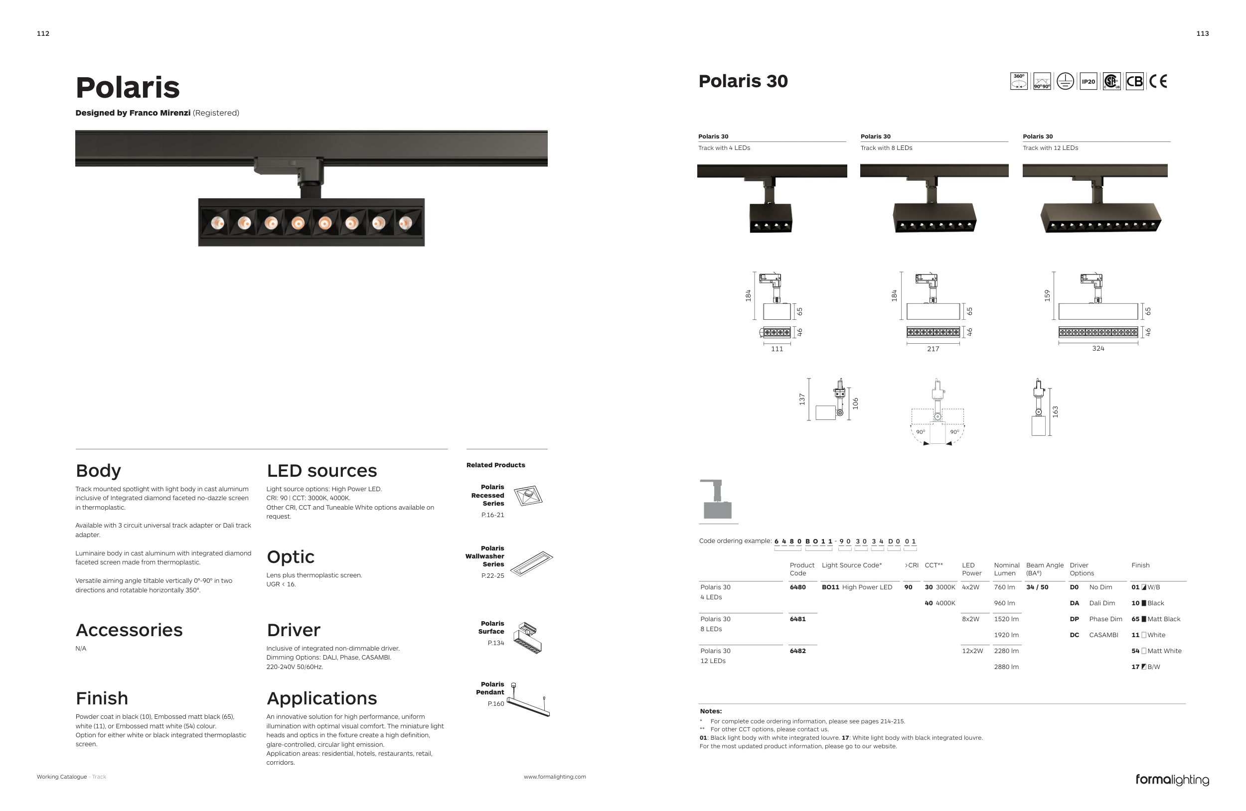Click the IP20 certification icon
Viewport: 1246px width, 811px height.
[x=1088, y=82]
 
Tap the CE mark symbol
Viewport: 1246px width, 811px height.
[x=1158, y=82]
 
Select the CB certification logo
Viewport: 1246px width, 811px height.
[x=1134, y=82]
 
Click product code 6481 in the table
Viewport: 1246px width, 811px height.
[x=797, y=619]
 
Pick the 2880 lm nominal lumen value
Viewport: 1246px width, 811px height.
[x=1006, y=667]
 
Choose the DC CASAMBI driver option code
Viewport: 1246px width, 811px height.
[x=1074, y=635]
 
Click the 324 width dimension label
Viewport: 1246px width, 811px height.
[x=1098, y=349]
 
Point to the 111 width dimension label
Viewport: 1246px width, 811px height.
[x=777, y=349]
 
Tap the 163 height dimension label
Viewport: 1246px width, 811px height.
[x=1055, y=412]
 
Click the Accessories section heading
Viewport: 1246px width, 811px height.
[x=129, y=630]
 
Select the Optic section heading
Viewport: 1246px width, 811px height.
[x=291, y=557]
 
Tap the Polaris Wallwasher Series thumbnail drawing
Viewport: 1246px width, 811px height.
[x=531, y=563]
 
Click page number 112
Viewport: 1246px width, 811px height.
[x=43, y=33]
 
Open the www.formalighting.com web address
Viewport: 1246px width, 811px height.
[x=555, y=777]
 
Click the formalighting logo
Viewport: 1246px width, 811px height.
[x=1172, y=780]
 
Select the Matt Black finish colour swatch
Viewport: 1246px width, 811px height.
[x=1144, y=620]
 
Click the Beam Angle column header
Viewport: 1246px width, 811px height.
[x=1045, y=569]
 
